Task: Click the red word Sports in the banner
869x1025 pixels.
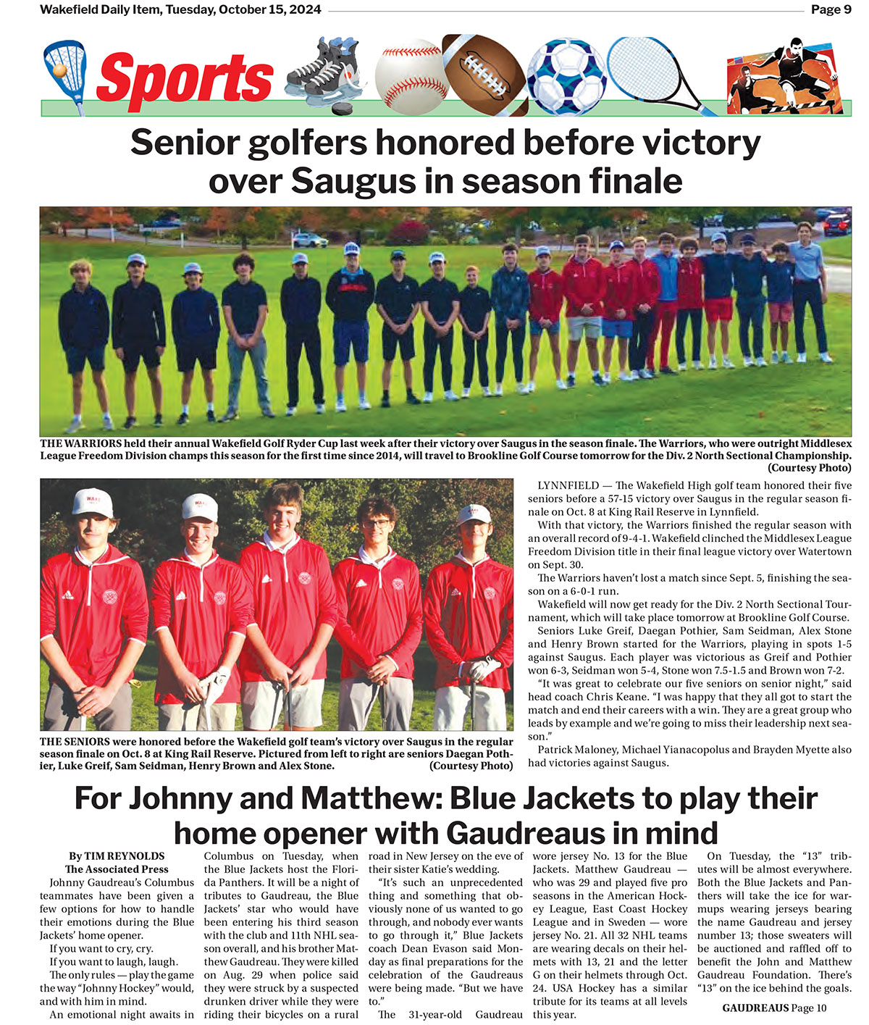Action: [x=185, y=78]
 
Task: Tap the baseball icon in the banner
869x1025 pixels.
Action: [x=409, y=75]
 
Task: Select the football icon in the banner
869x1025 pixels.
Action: [x=483, y=72]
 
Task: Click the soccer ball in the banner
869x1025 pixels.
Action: [x=566, y=76]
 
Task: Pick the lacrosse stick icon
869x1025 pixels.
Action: [x=64, y=72]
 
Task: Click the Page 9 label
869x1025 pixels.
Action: [x=831, y=9]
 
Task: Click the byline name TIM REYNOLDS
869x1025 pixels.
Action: [x=125, y=856]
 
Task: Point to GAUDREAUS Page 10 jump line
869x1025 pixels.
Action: [x=773, y=1008]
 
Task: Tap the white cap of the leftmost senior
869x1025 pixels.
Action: [x=93, y=502]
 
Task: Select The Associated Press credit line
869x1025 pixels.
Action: [x=117, y=869]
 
